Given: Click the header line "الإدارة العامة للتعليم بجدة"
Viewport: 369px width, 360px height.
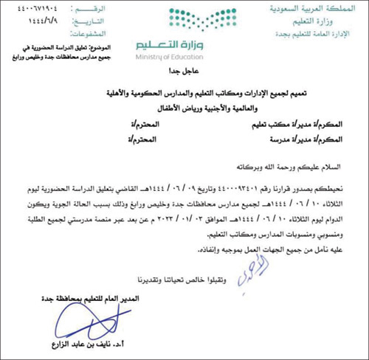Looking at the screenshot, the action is [314, 32].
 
